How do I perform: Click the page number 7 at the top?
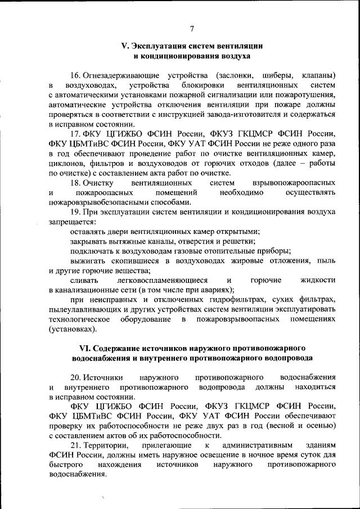[191, 29]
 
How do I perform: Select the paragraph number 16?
[76, 75]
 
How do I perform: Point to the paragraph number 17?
[76, 133]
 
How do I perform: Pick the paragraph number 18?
[76, 183]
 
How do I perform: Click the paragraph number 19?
[76, 212]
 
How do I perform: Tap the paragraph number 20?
[76, 377]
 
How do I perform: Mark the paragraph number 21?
[76, 445]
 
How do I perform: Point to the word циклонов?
[66, 163]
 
